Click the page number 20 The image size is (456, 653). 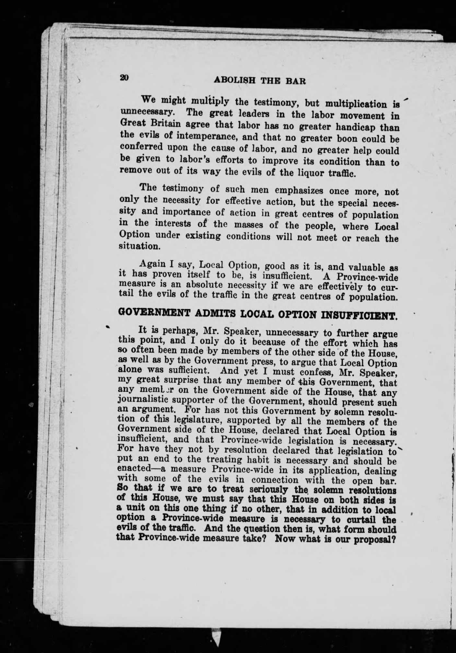124,78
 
